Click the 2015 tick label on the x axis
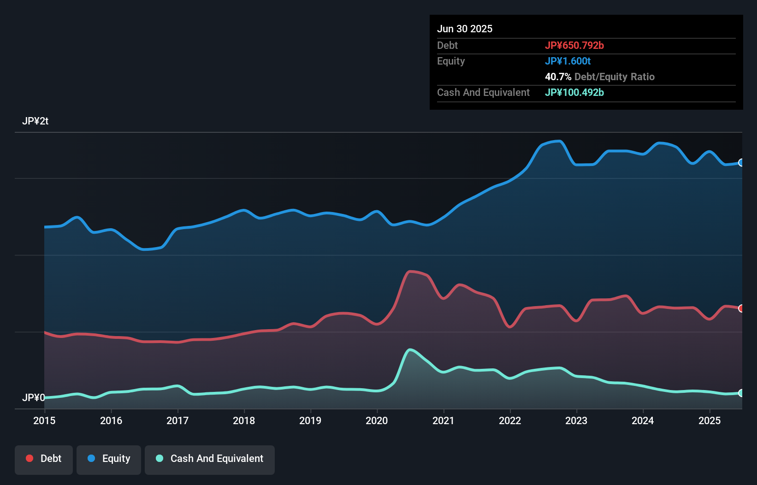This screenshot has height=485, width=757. click(x=44, y=420)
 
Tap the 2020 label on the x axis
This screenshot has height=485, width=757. click(x=377, y=420)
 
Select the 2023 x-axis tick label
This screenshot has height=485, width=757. click(x=576, y=420)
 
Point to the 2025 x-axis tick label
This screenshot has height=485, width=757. click(x=710, y=420)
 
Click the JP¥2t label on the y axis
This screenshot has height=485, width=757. click(x=35, y=121)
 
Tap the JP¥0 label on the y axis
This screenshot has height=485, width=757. click(x=34, y=397)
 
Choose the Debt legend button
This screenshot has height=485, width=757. click(x=44, y=459)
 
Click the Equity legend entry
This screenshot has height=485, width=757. click(x=109, y=459)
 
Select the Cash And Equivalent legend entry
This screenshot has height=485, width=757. click(x=210, y=459)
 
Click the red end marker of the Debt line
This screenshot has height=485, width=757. click(x=741, y=308)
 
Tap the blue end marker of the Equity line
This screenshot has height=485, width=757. click(x=741, y=162)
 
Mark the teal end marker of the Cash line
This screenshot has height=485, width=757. click(x=741, y=393)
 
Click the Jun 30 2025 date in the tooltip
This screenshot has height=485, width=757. click(x=465, y=29)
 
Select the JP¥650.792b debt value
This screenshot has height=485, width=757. click(x=574, y=45)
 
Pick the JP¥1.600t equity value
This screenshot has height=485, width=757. click(x=568, y=61)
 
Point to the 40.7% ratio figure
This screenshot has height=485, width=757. click(x=558, y=77)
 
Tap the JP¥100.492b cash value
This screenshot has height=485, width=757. click(x=574, y=92)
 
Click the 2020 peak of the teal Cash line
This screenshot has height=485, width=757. click(x=410, y=350)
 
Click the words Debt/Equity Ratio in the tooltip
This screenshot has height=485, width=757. click(x=614, y=77)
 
